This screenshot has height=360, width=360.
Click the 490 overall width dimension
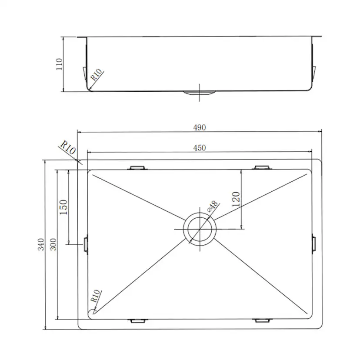coord(199,127)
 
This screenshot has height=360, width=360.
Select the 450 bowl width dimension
coord(199,148)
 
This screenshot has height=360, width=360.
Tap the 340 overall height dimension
coord(41,244)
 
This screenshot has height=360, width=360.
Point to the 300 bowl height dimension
coord(53,244)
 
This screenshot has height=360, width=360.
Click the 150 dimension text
coord(63,207)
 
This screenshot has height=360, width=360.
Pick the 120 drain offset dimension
coord(236,199)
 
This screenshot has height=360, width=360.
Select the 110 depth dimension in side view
coord(59,64)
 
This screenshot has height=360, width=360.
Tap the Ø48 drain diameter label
coord(213,206)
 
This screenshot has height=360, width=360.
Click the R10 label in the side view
coord(97,74)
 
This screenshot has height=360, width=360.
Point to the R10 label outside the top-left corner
coord(68,148)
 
